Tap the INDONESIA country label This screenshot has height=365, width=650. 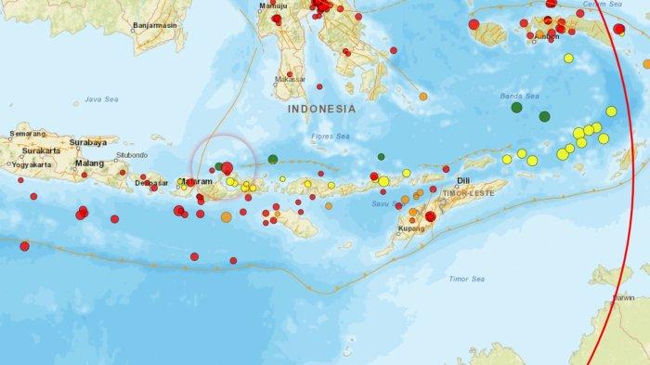pos(321,109)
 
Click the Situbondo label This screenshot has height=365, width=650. pos(131,154)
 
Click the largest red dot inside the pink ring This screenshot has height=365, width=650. pos(227,168)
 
